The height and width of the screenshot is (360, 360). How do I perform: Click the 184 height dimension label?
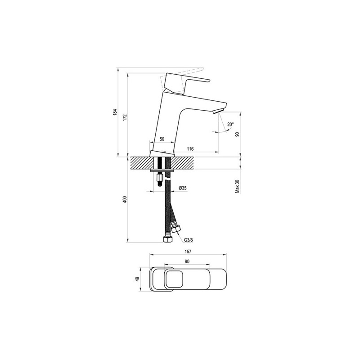(115, 112)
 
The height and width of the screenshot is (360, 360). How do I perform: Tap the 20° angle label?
(230, 124)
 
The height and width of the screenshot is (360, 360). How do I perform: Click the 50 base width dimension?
(162, 139)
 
